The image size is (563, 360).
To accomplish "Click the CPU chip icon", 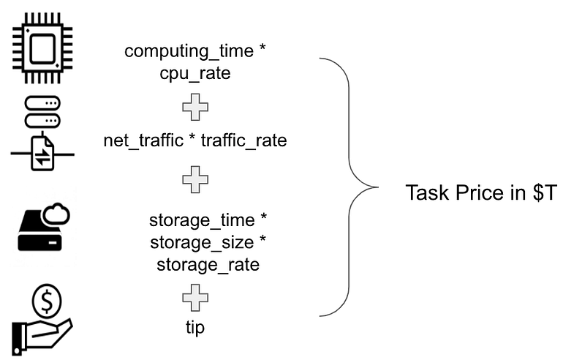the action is pos(42,48).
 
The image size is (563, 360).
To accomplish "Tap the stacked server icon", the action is pos(42,112).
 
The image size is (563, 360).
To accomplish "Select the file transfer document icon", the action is pos(42,154).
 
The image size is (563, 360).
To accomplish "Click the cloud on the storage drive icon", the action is pos(56,214).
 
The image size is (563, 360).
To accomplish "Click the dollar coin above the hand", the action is pos(47,300).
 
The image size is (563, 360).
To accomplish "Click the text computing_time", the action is pos(189,51).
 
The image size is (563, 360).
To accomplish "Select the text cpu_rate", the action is pos(195,74).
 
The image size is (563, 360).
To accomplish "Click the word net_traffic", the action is pos(143,140).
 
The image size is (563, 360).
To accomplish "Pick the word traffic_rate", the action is pos(243,140).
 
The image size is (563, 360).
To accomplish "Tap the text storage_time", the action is pos(202,220).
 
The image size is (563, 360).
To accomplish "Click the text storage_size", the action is pos(202,242).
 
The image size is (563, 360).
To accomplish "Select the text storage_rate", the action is pos(208,265).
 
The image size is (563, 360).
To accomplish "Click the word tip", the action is pos(195,327).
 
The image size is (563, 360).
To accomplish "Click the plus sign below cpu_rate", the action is pos(195,107).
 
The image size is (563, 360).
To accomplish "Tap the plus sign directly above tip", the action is pos(195,298).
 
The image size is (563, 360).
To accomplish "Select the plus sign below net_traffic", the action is pos(195,180).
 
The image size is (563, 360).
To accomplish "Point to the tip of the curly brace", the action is pos(378,187).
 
